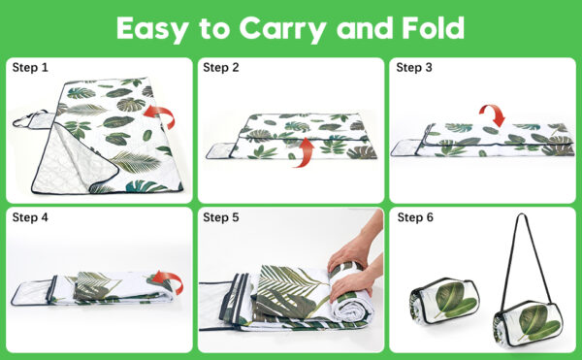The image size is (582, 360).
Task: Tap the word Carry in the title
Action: point(283,30)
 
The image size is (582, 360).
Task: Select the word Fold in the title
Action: point(434,28)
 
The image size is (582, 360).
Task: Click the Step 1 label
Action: point(30,68)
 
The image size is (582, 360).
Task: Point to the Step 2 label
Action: point(221,68)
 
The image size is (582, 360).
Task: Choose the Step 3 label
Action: point(414,68)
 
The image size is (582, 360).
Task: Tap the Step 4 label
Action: point(30,217)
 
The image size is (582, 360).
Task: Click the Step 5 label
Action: point(221,217)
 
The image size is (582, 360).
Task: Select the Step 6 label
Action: point(415,217)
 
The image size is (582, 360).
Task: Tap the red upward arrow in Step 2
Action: point(305,151)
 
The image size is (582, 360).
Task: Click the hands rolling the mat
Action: point(354,267)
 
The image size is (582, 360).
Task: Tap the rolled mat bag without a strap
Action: point(444,301)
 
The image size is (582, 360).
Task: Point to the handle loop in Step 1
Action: point(28,118)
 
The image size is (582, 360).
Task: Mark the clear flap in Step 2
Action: point(220,150)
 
